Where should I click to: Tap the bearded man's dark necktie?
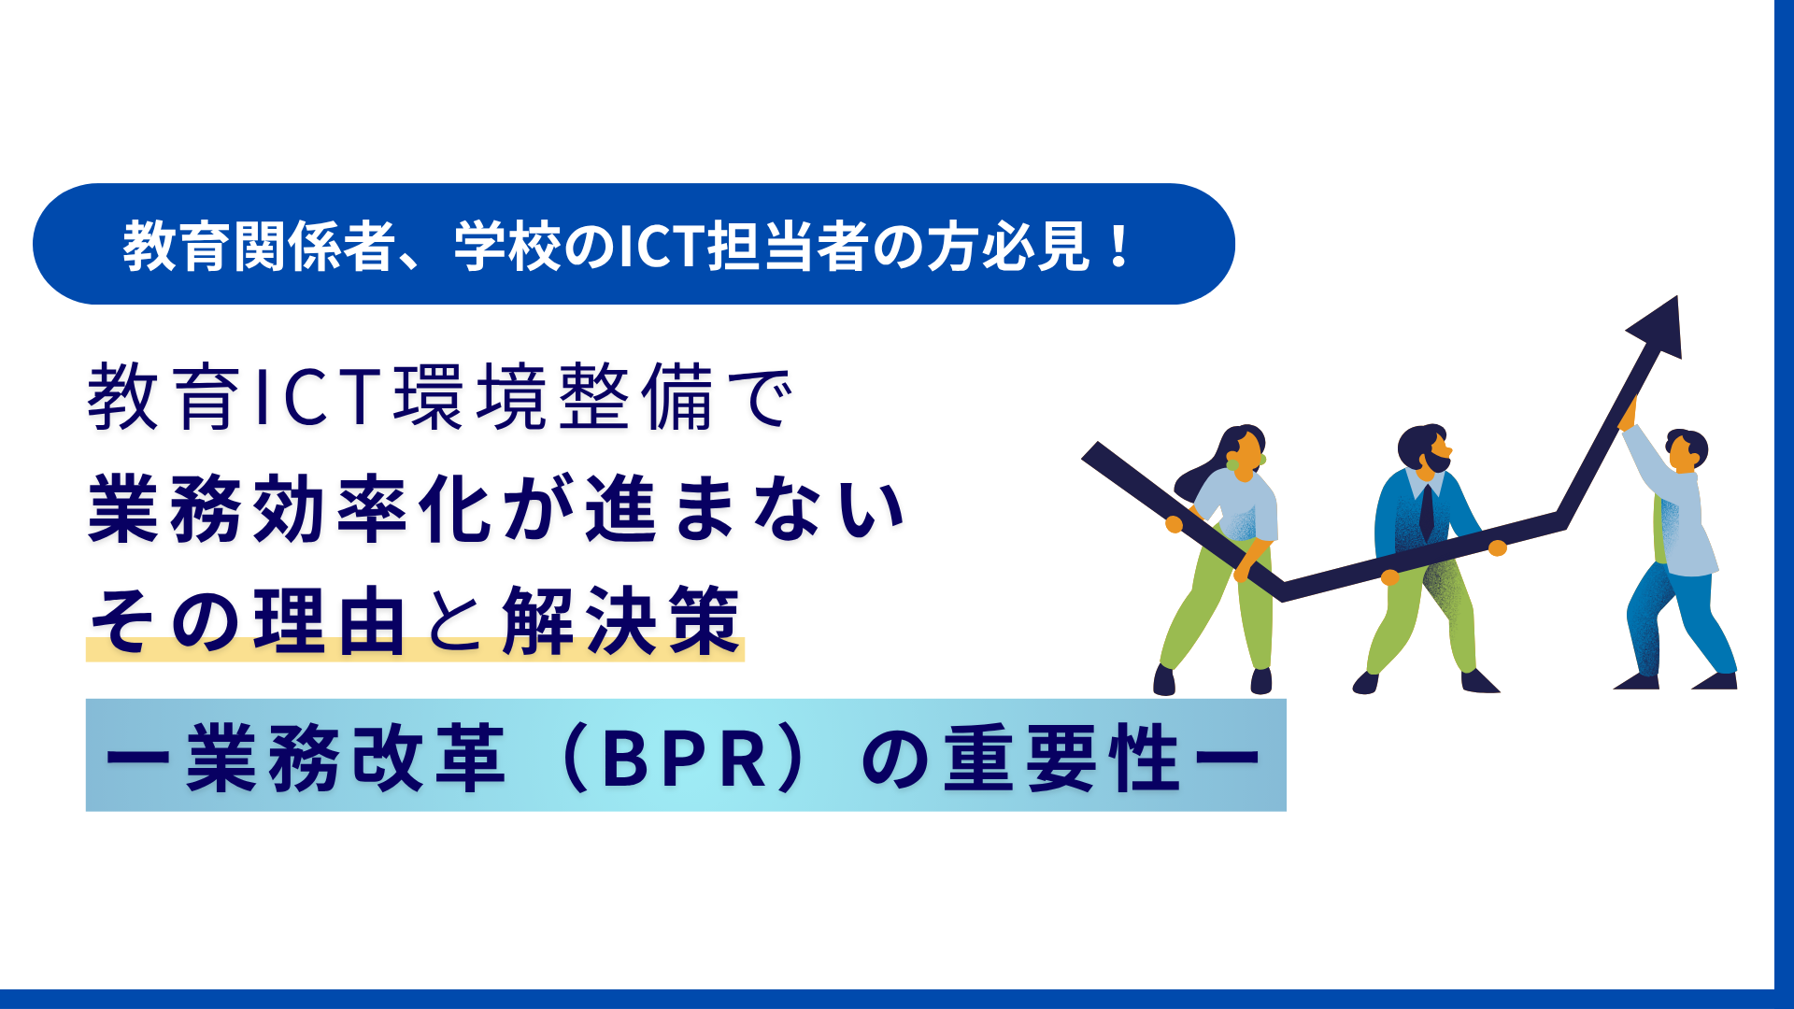1427,512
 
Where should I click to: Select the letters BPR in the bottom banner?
684,759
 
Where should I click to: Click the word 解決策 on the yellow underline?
620,619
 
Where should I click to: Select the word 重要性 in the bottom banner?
1062,759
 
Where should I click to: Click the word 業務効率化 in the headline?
290,510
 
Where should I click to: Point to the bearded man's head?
1424,448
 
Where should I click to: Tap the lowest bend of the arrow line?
1283,591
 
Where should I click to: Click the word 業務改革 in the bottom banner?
346,759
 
